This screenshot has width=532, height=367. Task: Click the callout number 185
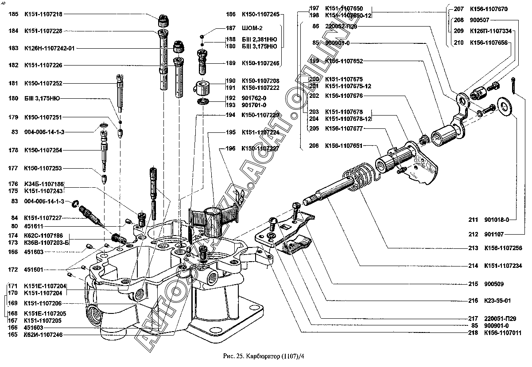coord(13,14)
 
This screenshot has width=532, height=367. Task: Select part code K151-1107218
coord(43,14)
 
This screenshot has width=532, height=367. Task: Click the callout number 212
coord(474,234)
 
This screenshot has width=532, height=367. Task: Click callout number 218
coord(474,333)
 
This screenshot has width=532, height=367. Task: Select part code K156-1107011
coord(502,333)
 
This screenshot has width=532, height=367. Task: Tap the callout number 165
coord(13,335)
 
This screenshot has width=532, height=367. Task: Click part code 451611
coord(33,226)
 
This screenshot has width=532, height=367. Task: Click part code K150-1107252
coord(43,83)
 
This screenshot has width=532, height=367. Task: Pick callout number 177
coord(13,168)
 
